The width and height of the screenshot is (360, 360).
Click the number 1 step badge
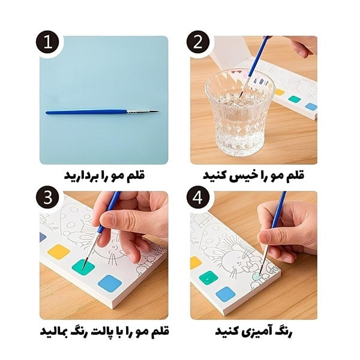pyautogui.click(x=47, y=43)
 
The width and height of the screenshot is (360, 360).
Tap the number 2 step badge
pyautogui.click(x=198, y=43)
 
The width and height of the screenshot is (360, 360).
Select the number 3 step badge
pyautogui.click(x=47, y=197)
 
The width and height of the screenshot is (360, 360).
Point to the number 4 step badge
pyautogui.click(x=198, y=197)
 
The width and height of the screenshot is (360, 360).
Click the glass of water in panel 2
pyautogui.click(x=239, y=113)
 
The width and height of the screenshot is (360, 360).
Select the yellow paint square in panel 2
pyautogui.click(x=280, y=92)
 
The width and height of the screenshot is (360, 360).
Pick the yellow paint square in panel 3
pyautogui.click(x=59, y=252)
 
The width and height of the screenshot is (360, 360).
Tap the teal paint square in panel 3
pyautogui.click(x=83, y=267)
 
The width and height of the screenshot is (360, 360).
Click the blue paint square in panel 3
pyautogui.click(x=110, y=283)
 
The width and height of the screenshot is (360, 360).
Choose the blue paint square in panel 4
pyautogui.click(x=226, y=295)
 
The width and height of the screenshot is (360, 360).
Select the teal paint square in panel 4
pyautogui.click(x=208, y=278)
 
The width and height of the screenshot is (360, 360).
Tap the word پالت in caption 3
pyautogui.click(x=97, y=331)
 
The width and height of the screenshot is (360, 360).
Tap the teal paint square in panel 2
pyautogui.click(x=295, y=100)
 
